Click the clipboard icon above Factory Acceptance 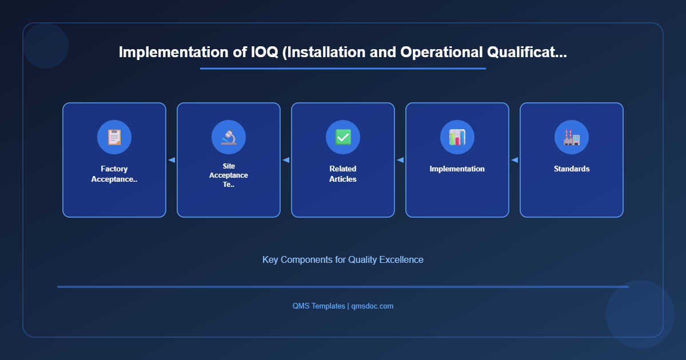coord(114,137)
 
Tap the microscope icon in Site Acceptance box coord(229,137)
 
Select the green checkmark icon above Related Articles coord(343,137)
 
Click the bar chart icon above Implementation coord(457,137)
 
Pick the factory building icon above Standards coord(572,137)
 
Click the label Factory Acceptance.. coord(114,174)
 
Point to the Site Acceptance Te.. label coord(229,175)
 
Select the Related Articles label coord(343,174)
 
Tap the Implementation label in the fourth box coord(457,169)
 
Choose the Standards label coord(572,169)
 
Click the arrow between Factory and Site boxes coord(171,160)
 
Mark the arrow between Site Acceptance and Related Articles coord(286,160)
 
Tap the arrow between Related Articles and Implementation coord(400,160)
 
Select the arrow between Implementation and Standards coord(514,160)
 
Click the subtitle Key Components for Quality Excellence coord(343,259)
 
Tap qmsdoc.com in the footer coord(372,306)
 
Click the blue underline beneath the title coord(343,69)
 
